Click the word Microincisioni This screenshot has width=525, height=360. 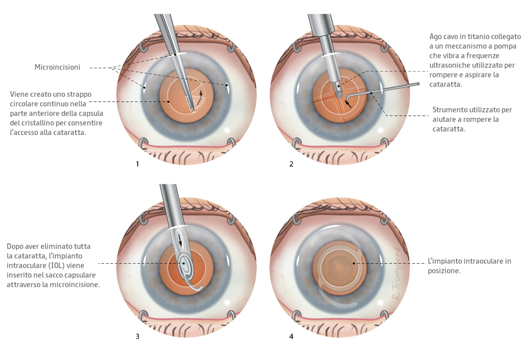[x=57, y=67]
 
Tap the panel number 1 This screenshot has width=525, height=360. [x=137, y=164]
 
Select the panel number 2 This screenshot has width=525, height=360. [x=292, y=164]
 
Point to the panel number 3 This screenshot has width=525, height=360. [x=137, y=336]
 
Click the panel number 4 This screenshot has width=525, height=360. [x=292, y=336]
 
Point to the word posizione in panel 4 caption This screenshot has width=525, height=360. [x=444, y=271]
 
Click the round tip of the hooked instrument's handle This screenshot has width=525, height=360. [x=417, y=85]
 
